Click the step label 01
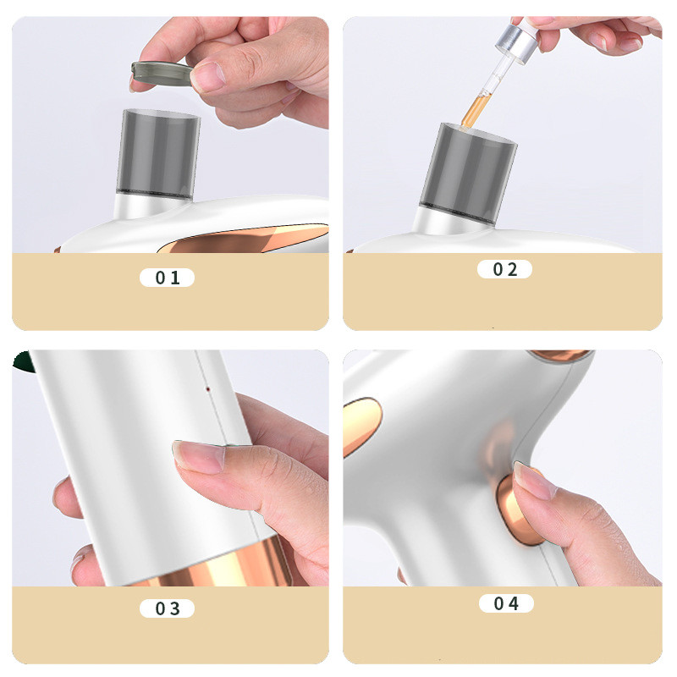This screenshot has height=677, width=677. click(167, 278)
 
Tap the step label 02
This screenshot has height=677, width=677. click(504, 269)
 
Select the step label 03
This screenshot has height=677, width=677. click(167, 608)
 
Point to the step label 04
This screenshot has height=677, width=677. click(506, 603)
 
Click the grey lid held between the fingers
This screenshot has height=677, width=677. click(162, 73)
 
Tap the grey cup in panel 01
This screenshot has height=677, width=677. click(158, 154)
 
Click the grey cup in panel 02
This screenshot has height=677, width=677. click(469, 173)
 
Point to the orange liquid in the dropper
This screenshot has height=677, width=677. click(473, 110)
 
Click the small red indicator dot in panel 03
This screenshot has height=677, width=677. click(208, 389)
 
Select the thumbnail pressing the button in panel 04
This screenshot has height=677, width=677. click(535, 481)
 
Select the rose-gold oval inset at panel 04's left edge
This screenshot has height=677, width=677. click(362, 427)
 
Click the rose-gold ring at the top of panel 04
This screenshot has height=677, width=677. click(559, 355)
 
